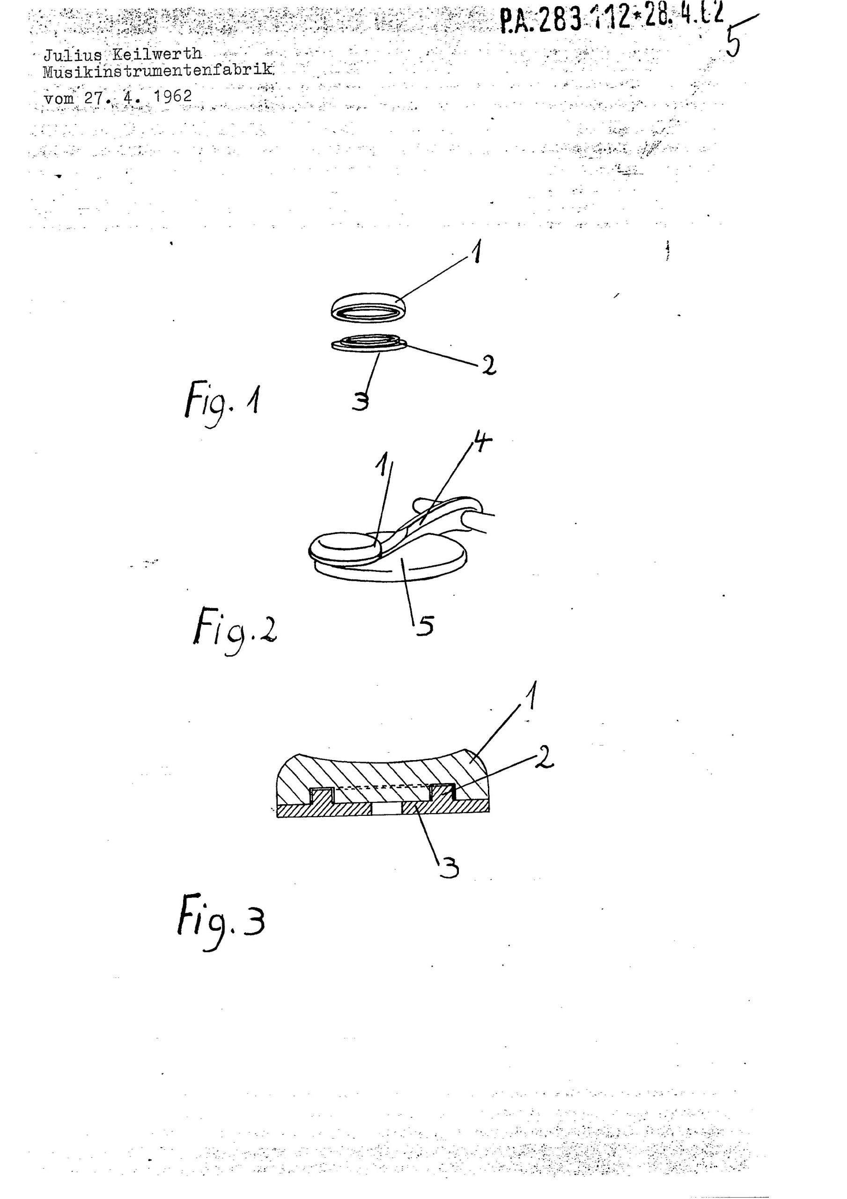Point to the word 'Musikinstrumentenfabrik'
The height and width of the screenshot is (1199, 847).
pos(158,69)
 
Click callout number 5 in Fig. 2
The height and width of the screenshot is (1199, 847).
pos(425,625)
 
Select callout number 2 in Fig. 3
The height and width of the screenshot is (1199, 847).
pos(544,758)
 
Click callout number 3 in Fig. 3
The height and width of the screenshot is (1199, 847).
pos(448,868)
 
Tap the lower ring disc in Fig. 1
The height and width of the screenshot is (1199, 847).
pos(370,343)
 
